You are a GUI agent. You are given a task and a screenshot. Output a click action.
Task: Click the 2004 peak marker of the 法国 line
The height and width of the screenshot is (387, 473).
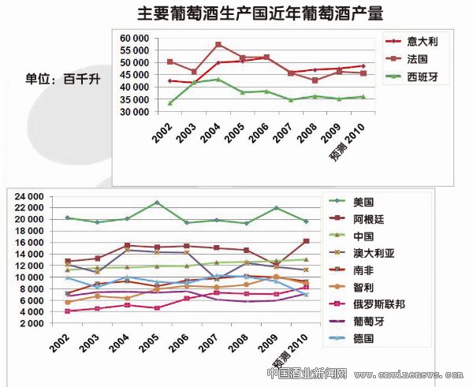pos(218,44)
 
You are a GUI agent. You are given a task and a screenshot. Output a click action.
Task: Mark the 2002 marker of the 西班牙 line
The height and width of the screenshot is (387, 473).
pos(169,103)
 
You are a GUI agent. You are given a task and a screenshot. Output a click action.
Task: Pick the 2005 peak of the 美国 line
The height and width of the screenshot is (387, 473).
pos(158,203)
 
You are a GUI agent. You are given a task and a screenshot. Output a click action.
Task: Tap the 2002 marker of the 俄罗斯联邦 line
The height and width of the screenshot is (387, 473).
pos(68,311)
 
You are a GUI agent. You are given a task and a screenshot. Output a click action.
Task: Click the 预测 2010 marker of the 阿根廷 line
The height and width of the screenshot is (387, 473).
pos(306,240)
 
